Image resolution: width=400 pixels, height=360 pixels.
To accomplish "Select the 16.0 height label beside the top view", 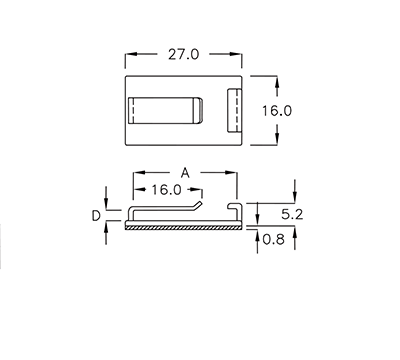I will [x=276, y=111].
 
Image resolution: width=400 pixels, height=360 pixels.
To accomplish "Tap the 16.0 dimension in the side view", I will [x=166, y=189].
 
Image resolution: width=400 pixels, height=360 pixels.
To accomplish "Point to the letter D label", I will [x=96, y=215].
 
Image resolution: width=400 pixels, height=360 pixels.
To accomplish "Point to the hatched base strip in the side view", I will [x=184, y=227].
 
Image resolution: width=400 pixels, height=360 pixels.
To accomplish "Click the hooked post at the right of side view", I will [x=238, y=210].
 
